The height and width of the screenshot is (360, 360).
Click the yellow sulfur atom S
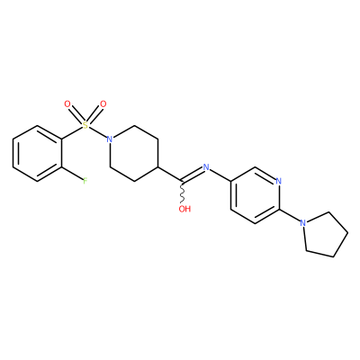[85, 125]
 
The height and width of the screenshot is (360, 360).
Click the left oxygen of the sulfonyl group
[67, 104]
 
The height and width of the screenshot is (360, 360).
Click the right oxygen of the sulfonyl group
[103, 104]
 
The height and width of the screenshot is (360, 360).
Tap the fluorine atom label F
[85, 181]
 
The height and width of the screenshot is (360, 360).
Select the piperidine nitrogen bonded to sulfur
[110, 139]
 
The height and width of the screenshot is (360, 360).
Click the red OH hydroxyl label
[184, 209]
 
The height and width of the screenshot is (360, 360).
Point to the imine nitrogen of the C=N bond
[206, 167]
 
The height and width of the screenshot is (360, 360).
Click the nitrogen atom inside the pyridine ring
[279, 181]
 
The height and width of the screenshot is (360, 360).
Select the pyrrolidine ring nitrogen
[303, 223]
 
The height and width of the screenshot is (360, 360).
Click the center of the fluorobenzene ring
[38, 153]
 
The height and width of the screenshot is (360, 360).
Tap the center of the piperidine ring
[134, 153]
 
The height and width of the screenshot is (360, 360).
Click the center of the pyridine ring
[255, 195]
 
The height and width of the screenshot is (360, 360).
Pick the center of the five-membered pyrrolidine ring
[324, 235]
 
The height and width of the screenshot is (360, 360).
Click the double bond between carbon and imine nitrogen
[192, 175]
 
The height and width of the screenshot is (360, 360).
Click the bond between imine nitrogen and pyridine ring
[220, 175]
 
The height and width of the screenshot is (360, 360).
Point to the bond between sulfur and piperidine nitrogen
[98, 132]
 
